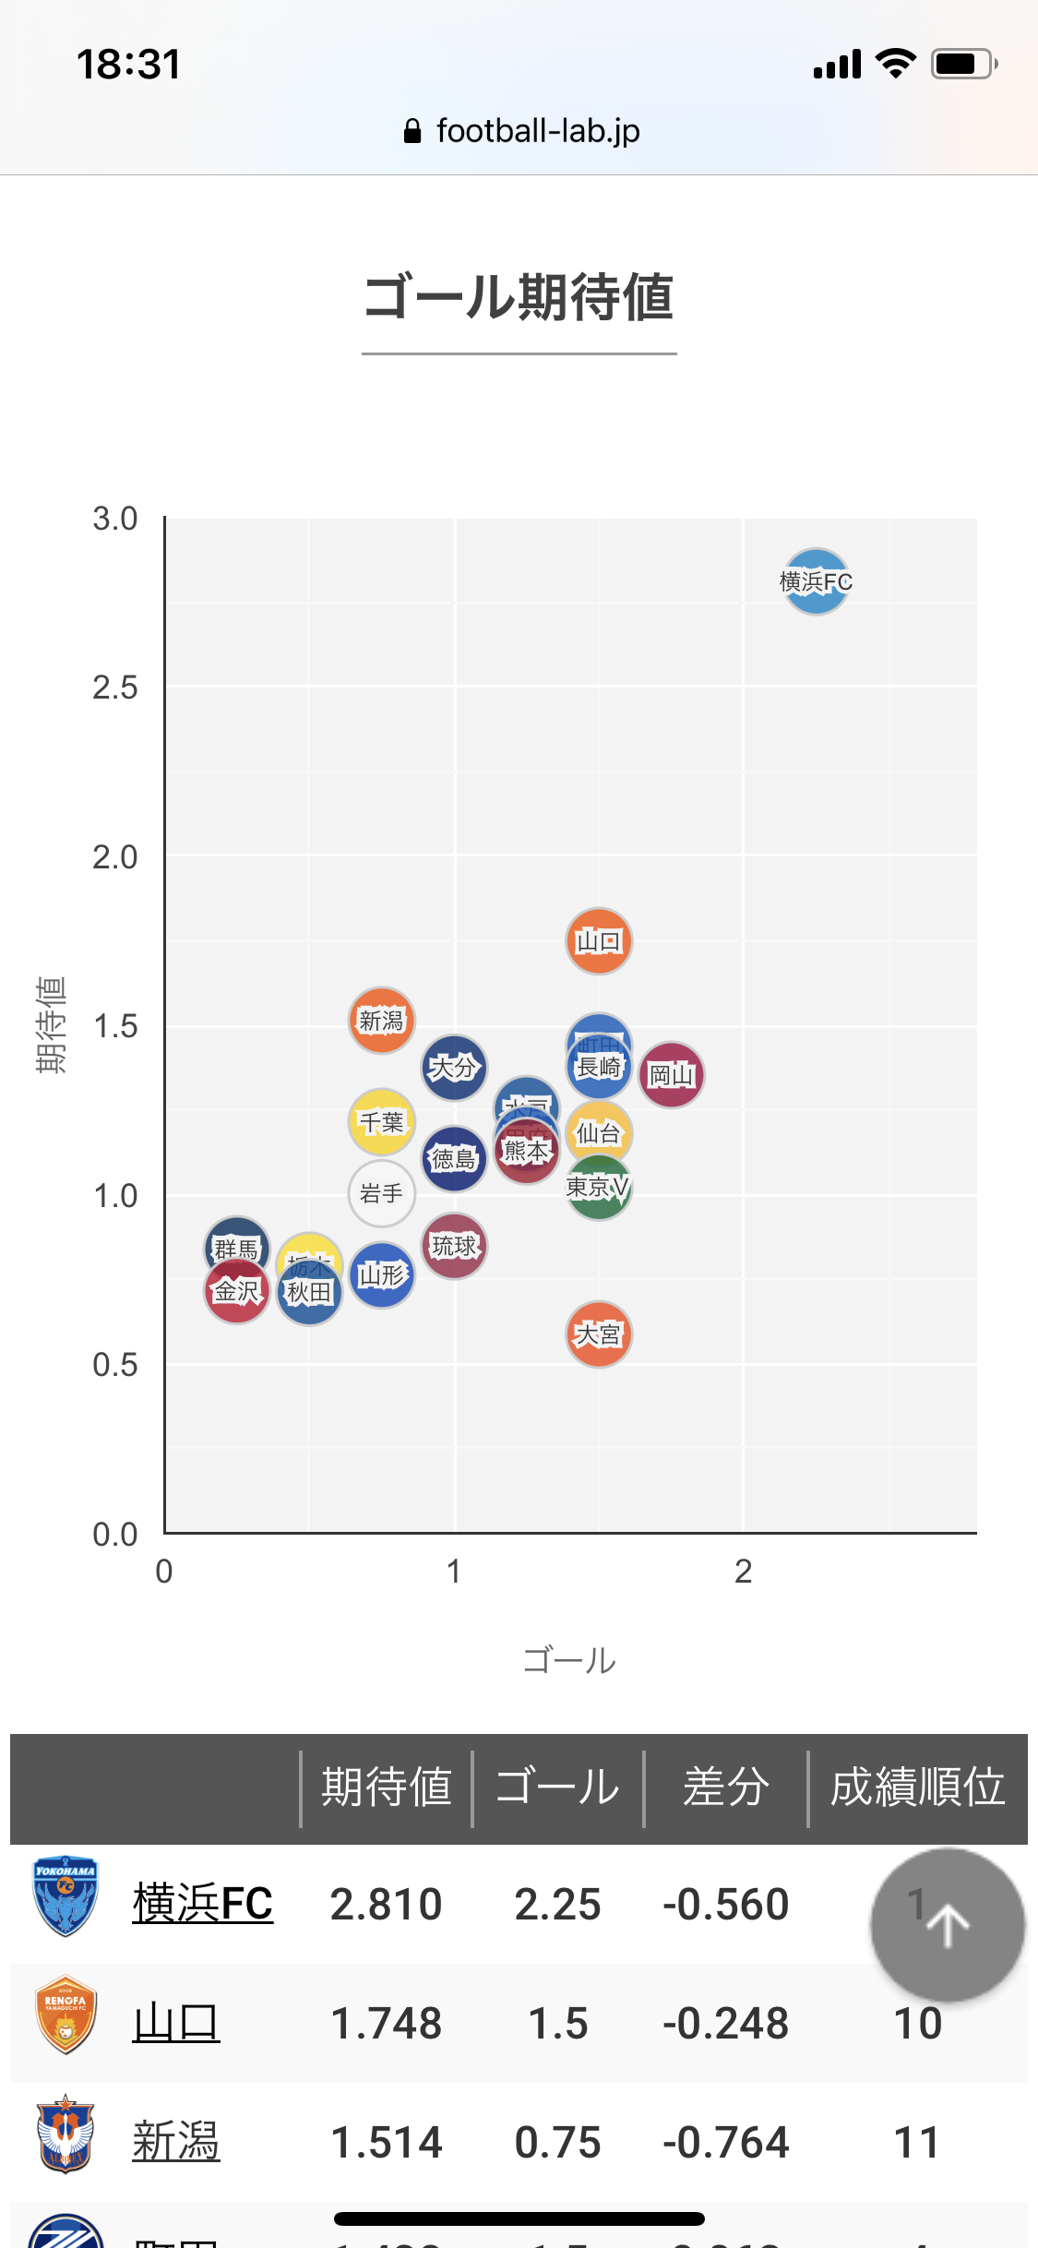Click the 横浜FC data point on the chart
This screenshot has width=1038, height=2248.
click(816, 581)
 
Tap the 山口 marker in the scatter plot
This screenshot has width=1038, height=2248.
click(599, 941)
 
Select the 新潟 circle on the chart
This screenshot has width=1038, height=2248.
click(381, 1021)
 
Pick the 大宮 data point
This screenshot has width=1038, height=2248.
click(599, 1334)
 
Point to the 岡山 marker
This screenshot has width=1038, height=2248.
click(672, 1075)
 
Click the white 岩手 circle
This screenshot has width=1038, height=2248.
click(381, 1194)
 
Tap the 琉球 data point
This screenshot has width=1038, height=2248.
click(454, 1247)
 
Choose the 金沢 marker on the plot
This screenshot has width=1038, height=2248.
click(236, 1292)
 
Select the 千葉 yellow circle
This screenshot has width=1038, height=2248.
click(381, 1122)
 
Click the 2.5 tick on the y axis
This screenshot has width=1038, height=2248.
click(114, 688)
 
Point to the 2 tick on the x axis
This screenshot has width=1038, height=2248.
click(743, 1571)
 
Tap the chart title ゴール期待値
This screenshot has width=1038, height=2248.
click(519, 297)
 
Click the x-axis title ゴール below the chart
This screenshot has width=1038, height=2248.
click(569, 1660)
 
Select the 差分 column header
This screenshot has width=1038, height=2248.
click(725, 1787)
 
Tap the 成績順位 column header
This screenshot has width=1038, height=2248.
click(917, 1787)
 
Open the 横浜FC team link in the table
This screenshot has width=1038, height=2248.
click(202, 1904)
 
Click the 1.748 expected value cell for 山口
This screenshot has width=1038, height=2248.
click(386, 2023)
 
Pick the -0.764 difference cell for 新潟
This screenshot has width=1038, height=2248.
click(725, 2142)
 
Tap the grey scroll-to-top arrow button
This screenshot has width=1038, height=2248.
click(948, 1925)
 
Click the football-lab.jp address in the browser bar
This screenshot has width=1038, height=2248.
click(537, 131)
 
